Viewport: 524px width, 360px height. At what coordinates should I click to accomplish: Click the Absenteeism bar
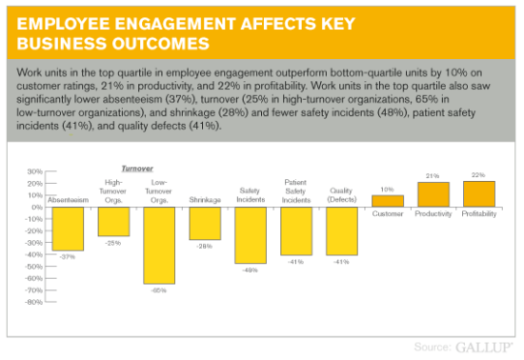click(68, 229)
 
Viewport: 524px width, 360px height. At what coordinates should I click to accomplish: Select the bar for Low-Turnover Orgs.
click(159, 245)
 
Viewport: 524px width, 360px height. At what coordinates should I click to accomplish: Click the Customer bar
click(388, 201)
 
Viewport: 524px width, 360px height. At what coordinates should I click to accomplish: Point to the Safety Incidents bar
click(251, 234)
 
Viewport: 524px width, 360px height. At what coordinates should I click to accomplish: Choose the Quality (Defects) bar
click(342, 230)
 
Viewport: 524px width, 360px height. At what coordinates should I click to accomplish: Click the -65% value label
click(159, 289)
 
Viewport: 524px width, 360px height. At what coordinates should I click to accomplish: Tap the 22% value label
click(479, 175)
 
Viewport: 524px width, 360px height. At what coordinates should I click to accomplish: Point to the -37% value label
click(68, 256)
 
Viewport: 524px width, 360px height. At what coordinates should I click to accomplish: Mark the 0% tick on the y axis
click(36, 207)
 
